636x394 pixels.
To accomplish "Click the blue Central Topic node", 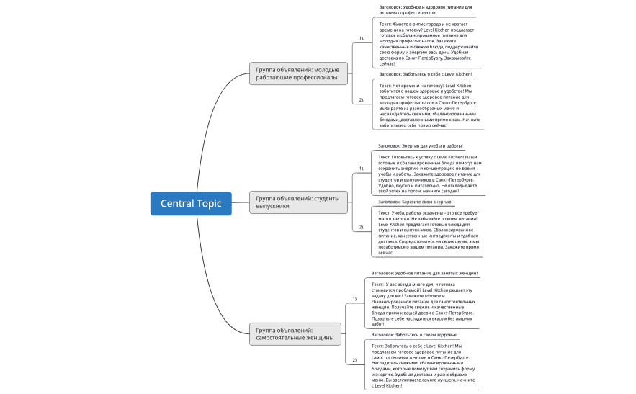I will [191, 203].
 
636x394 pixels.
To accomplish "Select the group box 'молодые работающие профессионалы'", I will [299, 73].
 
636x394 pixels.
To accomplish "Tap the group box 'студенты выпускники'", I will [299, 202].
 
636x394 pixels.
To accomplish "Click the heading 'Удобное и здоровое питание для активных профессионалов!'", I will [425, 10].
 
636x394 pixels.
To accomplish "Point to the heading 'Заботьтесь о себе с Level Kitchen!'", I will [426, 73].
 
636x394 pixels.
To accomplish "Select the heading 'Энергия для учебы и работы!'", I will [420, 145].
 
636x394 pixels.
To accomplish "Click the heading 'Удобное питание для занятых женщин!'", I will [424, 274].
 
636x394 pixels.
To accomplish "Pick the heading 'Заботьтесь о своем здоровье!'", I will [414, 335].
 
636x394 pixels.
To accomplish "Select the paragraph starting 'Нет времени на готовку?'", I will [429, 105].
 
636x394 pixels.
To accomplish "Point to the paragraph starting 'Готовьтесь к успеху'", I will [429, 174].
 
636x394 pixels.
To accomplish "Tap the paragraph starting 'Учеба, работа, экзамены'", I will [429, 232].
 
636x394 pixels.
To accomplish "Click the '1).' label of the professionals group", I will [362, 37].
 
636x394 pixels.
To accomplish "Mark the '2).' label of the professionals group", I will [362, 99].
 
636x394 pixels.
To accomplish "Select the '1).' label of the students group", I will [362, 169].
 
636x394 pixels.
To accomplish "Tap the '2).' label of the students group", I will [362, 227].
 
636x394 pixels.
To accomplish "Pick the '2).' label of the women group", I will [354, 359].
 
